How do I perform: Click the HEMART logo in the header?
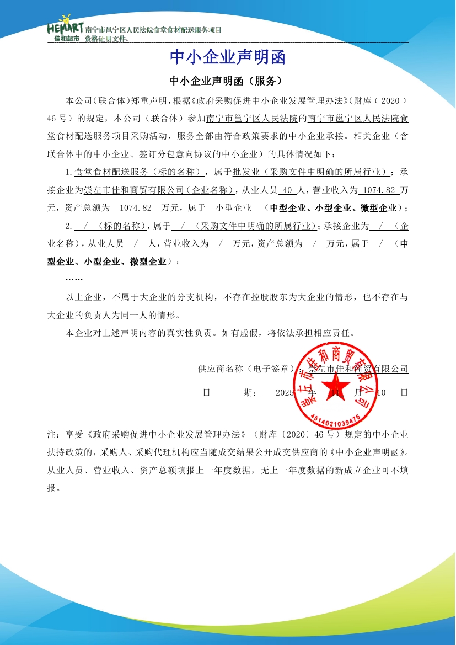click(x=65, y=25)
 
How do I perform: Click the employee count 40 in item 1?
click(x=286, y=190)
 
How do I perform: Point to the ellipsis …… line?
click(x=74, y=279)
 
